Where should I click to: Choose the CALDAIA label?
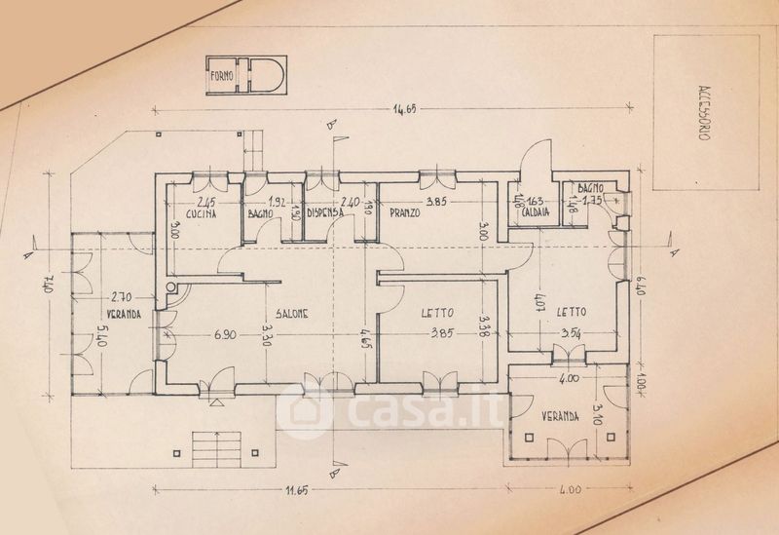[536, 211]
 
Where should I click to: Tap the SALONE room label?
[291, 314]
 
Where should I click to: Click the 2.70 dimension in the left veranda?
[121, 296]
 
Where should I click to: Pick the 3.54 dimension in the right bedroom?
[572, 334]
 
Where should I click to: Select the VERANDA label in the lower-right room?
[563, 416]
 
